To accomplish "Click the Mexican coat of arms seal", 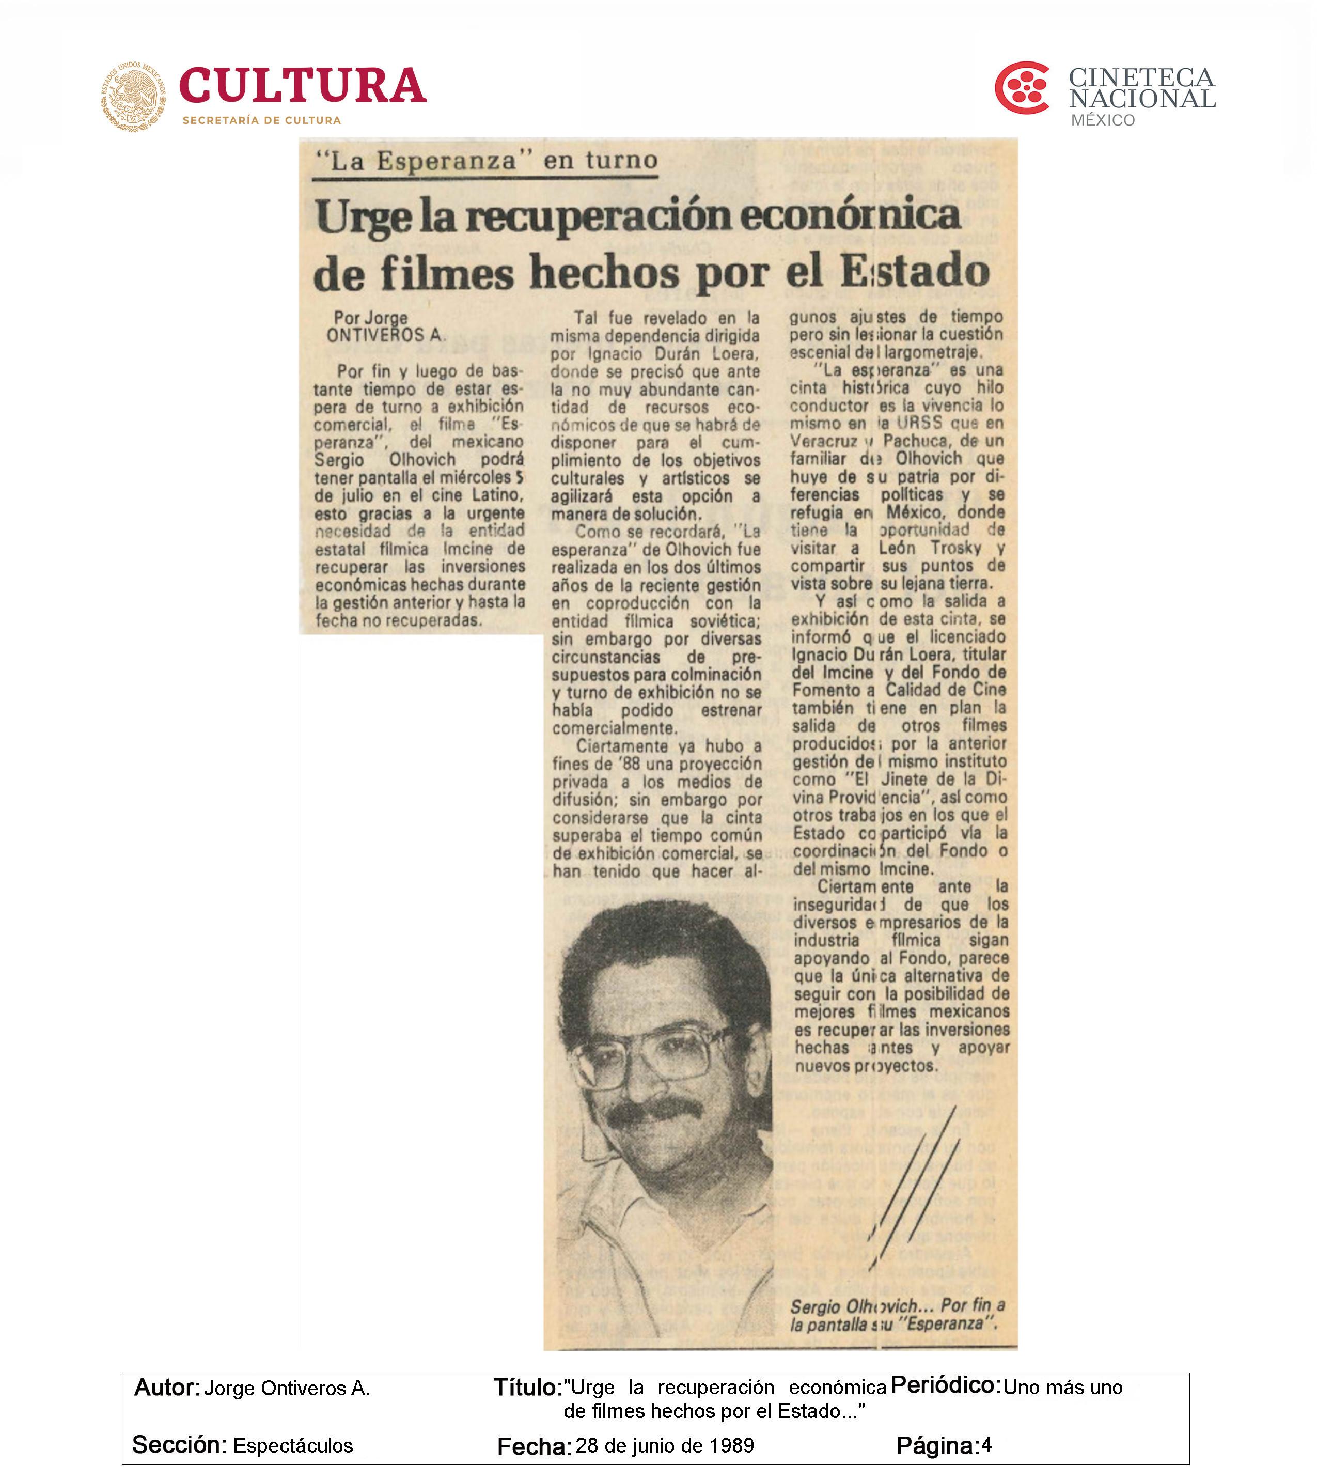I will pyautogui.click(x=133, y=96).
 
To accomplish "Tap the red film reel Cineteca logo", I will pyautogui.click(x=1022, y=88).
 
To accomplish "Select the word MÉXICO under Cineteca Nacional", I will pyautogui.click(x=1103, y=120).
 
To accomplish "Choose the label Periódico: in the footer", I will pyautogui.click(x=945, y=1385).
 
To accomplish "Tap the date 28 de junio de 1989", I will pyautogui.click(x=665, y=1445).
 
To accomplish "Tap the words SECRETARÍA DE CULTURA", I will pyautogui.click(x=261, y=120).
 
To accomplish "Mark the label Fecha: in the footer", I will pyautogui.click(x=534, y=1446).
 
